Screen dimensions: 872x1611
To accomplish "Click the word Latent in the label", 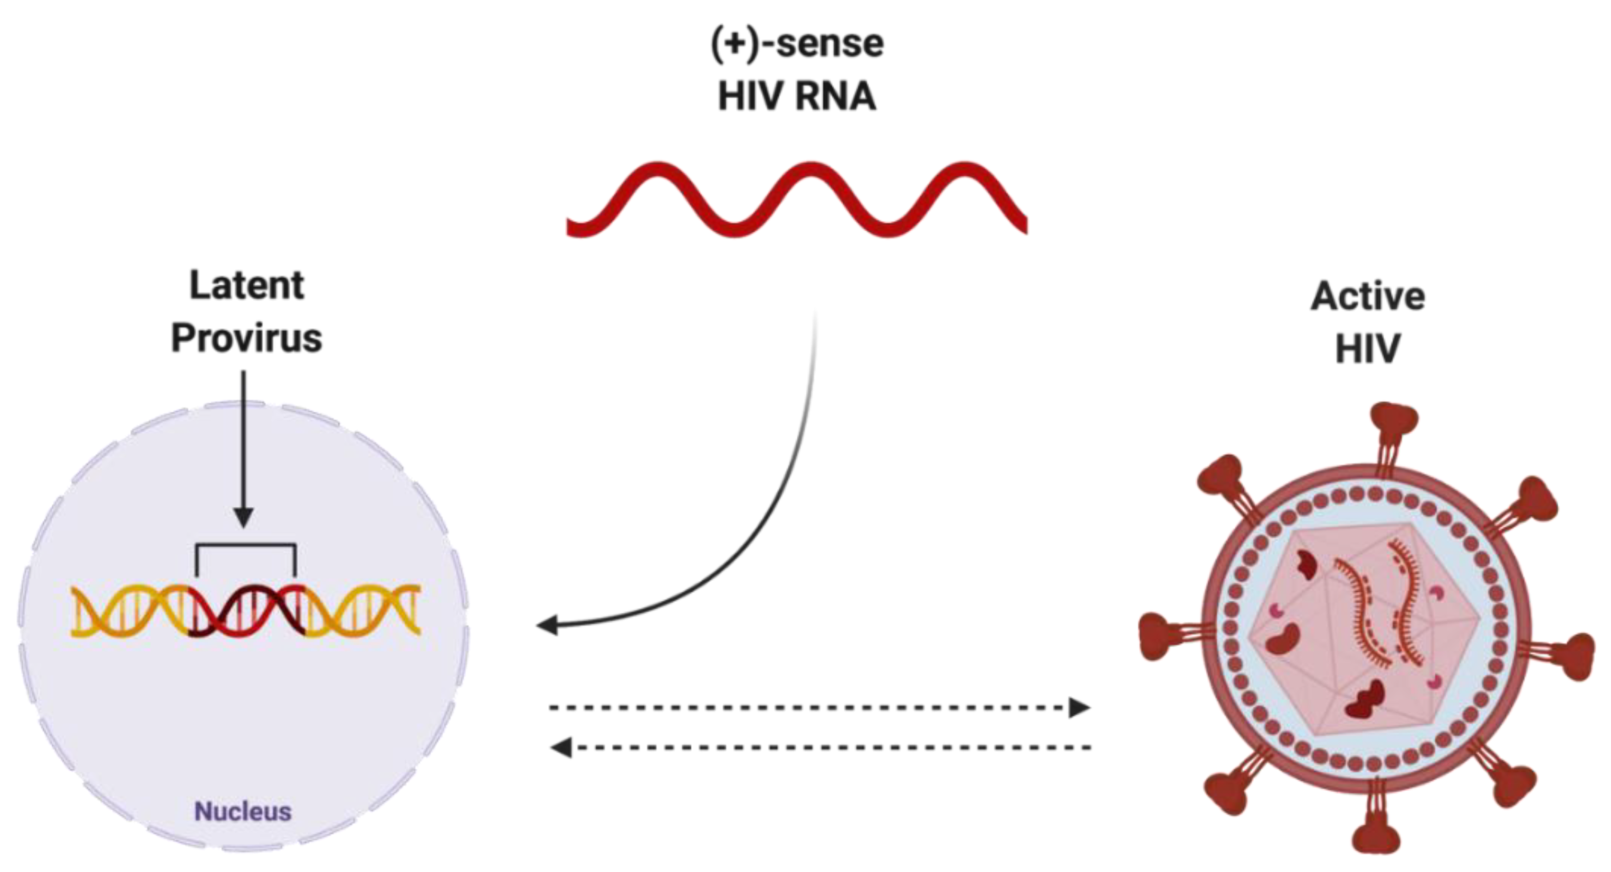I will [x=246, y=286].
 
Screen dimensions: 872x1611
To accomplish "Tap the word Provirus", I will [x=246, y=338].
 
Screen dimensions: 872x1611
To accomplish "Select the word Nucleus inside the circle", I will [x=243, y=811].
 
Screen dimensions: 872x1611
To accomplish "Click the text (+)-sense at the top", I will [x=797, y=44].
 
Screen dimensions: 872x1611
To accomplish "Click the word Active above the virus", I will [x=1368, y=296].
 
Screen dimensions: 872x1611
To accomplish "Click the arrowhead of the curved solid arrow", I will [x=547, y=624].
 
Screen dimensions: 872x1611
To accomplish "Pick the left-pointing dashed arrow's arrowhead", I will [x=560, y=747].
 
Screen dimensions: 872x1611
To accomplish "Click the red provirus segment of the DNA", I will [x=247, y=612].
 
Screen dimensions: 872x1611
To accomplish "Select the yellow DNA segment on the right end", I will [x=363, y=612].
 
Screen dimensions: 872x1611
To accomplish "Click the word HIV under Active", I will [x=1367, y=348].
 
